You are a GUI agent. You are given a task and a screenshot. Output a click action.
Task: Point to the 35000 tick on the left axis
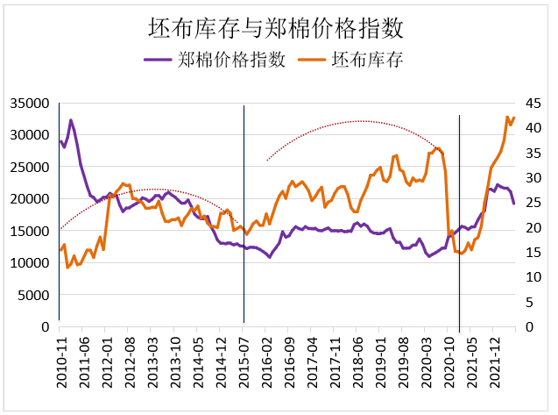point(29,104)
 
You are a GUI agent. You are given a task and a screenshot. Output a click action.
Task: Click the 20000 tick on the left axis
point(29,199)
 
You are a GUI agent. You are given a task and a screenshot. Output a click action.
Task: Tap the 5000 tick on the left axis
point(32,295)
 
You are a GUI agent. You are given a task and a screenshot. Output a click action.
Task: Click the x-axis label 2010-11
point(60,360)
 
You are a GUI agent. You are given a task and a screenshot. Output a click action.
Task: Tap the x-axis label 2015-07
point(244,360)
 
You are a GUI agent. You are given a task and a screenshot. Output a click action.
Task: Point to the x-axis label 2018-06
point(357,360)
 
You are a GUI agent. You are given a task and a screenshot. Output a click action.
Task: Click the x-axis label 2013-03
point(152,360)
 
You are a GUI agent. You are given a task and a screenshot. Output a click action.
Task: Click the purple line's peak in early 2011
point(71,120)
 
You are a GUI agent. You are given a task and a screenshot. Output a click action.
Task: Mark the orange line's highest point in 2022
point(507,117)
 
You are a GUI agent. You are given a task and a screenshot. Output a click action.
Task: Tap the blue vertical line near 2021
point(460,219)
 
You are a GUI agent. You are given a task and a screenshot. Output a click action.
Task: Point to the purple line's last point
point(513,203)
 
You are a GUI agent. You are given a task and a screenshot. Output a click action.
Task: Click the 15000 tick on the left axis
point(29,231)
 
